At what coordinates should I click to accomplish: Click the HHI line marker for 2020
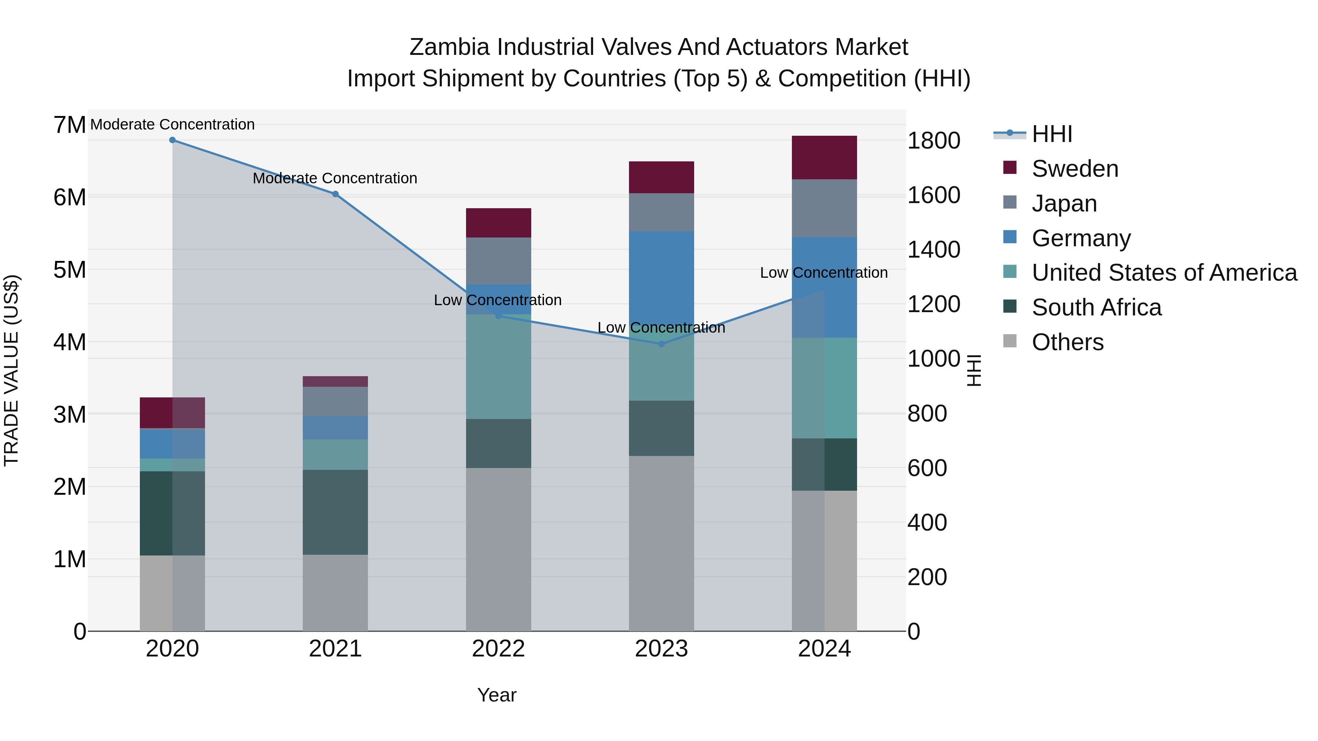[172, 140]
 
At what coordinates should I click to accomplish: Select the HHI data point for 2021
[335, 194]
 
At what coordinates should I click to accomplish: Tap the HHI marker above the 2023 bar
[661, 344]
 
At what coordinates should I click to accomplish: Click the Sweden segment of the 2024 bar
[824, 157]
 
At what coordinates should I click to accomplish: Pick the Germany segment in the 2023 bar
[661, 276]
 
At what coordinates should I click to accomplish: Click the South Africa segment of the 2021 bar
[335, 512]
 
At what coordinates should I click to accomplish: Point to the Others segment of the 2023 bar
[661, 543]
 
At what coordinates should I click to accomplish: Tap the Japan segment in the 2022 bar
[498, 261]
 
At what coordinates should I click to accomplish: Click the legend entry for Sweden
[1075, 169]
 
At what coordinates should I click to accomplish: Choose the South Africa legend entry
[1096, 307]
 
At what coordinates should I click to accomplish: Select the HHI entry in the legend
[1051, 134]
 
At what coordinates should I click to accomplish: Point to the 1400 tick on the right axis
[933, 250]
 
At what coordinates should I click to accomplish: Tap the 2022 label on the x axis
[498, 649]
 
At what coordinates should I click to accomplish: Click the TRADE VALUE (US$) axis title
[11, 370]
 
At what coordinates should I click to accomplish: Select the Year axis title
[496, 695]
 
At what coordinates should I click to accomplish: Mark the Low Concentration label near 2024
[823, 273]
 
